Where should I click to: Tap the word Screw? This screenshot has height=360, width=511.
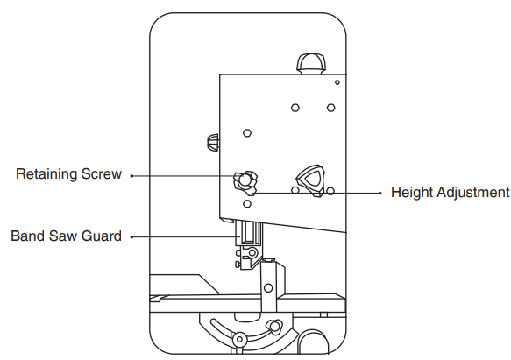pos(102,174)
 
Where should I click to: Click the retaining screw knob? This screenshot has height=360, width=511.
pos(245,182)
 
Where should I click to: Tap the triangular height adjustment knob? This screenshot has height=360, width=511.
pos(311,180)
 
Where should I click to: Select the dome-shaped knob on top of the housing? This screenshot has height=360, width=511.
pos(311,64)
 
